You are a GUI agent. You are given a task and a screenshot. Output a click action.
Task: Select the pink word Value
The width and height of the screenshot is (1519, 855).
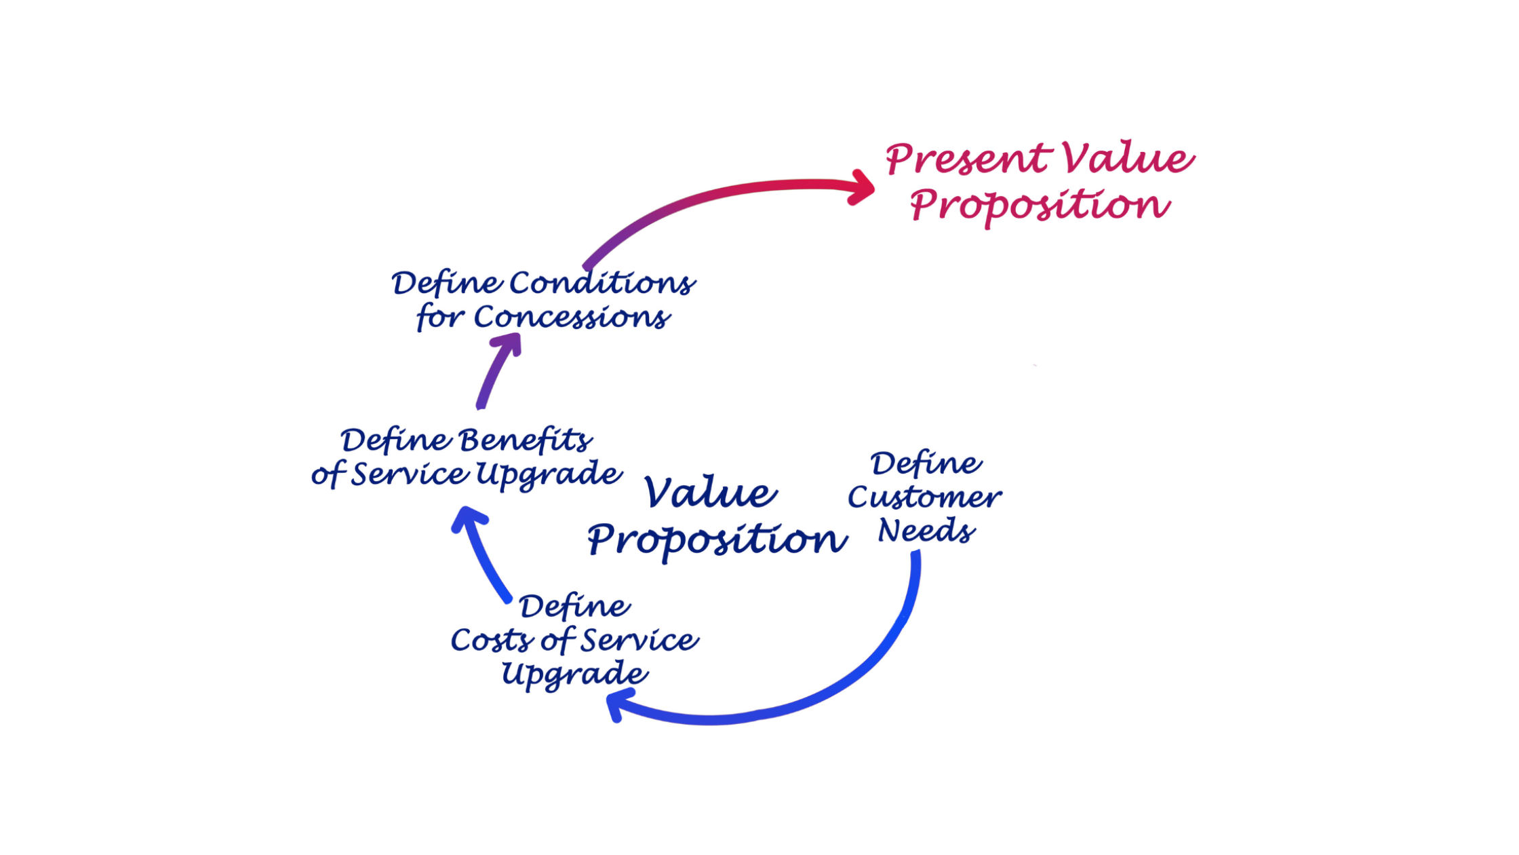click(x=1128, y=157)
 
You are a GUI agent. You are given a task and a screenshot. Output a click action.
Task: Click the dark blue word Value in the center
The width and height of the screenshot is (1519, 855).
click(x=710, y=492)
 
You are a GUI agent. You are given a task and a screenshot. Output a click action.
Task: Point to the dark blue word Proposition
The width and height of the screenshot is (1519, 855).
click(x=717, y=541)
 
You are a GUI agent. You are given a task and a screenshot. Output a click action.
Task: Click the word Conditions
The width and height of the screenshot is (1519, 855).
click(x=602, y=283)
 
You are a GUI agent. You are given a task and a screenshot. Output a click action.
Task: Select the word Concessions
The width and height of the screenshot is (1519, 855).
click(x=572, y=317)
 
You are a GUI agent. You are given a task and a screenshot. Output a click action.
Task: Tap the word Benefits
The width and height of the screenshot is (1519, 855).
click(x=526, y=440)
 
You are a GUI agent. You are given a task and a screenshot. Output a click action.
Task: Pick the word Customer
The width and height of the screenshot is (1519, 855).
click(x=924, y=497)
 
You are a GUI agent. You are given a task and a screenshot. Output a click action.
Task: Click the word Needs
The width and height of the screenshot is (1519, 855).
click(x=926, y=531)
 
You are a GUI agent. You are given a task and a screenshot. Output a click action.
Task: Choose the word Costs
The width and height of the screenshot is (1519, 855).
click(x=492, y=640)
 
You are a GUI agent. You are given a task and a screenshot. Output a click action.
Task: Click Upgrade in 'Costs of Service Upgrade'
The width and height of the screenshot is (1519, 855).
click(x=574, y=674)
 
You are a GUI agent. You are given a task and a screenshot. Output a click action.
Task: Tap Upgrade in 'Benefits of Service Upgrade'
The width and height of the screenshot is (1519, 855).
click(x=549, y=474)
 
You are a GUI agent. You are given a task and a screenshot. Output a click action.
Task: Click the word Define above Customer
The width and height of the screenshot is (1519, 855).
click(x=926, y=464)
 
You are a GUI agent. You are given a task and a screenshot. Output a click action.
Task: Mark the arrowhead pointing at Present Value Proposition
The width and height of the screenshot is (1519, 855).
click(x=863, y=187)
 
